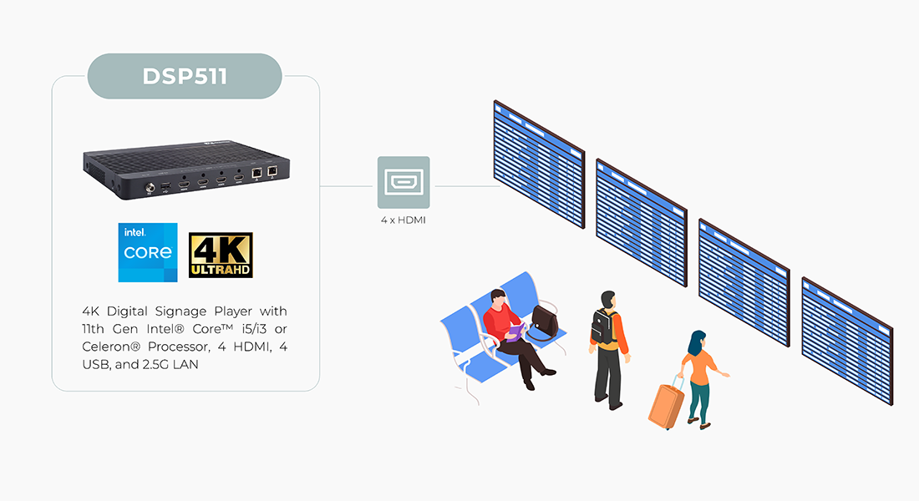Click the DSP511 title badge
185,75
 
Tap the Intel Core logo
149,251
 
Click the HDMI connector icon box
404,182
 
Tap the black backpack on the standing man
602,327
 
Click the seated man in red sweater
510,330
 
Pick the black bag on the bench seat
546,321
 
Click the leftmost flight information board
539,164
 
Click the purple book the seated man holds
516,332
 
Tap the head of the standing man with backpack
608,299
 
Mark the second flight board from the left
642,222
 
